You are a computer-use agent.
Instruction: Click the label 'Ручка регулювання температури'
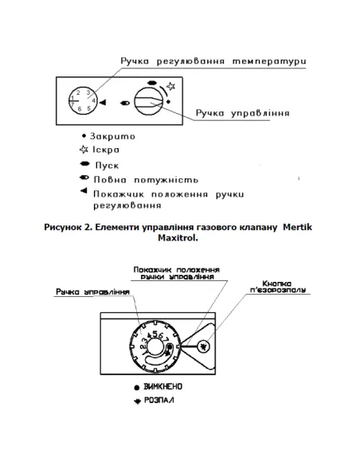point(204,61)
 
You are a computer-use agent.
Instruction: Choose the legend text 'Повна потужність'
point(143,181)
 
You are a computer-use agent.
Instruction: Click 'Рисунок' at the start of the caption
point(65,228)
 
